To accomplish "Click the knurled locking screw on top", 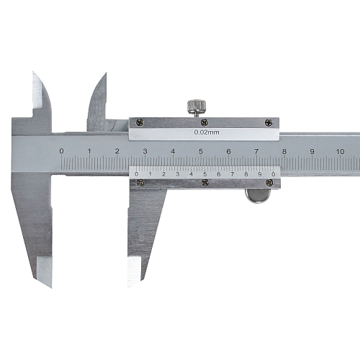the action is click(x=197, y=107).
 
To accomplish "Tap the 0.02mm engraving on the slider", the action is click(x=207, y=132).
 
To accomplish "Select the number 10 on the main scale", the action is click(x=340, y=151).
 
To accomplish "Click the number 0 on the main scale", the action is click(x=62, y=151).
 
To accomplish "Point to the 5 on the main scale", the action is click(x=201, y=151).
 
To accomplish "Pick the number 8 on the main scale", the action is click(x=284, y=151).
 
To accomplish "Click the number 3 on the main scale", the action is click(x=145, y=151).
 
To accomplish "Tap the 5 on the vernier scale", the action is click(x=204, y=174).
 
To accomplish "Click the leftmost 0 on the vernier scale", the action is click(x=137, y=174).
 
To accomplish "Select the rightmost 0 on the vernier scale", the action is click(x=273, y=174).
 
